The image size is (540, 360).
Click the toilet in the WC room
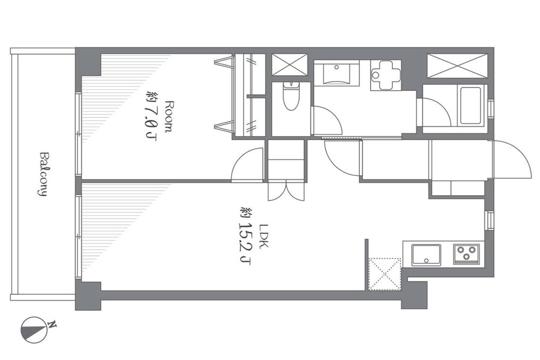(291, 96)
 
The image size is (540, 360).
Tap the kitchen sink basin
(426, 255)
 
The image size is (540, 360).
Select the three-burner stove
(466, 254)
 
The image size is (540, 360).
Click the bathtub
(471, 106)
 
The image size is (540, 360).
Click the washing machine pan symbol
(386, 75)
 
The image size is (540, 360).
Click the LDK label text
(263, 236)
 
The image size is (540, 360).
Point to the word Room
(169, 117)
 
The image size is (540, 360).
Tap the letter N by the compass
(52, 324)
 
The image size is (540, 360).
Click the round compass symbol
(34, 330)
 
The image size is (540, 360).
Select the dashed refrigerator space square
(385, 274)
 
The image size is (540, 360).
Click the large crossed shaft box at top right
(457, 66)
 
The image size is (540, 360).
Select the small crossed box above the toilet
(290, 65)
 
